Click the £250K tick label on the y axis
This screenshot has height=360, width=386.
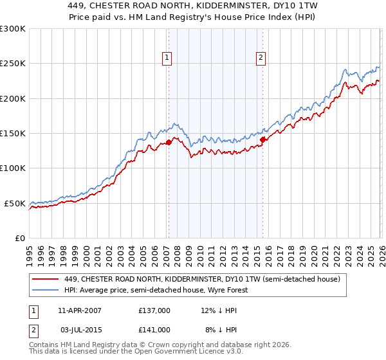coord(13,64)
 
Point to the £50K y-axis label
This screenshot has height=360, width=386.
coord(15,203)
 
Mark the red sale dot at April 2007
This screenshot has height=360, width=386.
coord(169,143)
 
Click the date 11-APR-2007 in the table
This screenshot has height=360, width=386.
coord(80,310)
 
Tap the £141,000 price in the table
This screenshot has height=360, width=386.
coord(154,329)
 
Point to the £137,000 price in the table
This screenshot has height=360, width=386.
coord(154,310)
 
